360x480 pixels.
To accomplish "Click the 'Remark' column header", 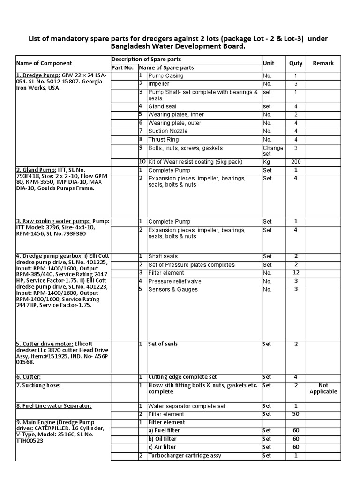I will tap(323, 63).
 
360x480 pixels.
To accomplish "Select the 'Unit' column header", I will tap(269, 63).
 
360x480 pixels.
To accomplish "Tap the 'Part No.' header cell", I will tap(123, 67).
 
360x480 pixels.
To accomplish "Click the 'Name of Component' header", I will tap(44, 63).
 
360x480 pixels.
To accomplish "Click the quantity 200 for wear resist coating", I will tap(295, 162).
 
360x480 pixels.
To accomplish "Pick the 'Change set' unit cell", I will tap(273, 151).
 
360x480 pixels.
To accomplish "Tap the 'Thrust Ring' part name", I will tap(164, 139).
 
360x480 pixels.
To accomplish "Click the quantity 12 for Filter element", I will tap(295, 273).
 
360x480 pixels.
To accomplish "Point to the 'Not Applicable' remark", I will tap(323, 388).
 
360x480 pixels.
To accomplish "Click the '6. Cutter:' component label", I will tap(29, 377).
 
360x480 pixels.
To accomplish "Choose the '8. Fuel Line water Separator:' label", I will tap(53, 405).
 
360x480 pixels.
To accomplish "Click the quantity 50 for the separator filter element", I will tap(295, 414).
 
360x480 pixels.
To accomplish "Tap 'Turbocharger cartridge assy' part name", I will tap(185, 456).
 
